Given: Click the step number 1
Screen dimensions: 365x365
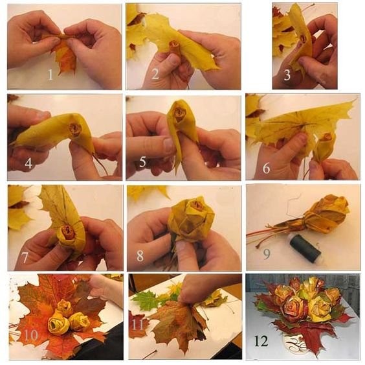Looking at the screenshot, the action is pyautogui.click(x=50, y=75).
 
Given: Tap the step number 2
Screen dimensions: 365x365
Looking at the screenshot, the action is pyautogui.click(x=155, y=74).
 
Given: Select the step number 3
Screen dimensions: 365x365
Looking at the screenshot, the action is pyautogui.click(x=287, y=75).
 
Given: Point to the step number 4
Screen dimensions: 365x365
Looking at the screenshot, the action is pyautogui.click(x=28, y=163).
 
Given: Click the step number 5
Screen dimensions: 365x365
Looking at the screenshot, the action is pyautogui.click(x=142, y=161).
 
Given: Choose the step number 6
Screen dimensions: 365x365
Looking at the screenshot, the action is pyautogui.click(x=266, y=168).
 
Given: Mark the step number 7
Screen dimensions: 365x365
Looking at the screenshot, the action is pyautogui.click(x=25, y=257).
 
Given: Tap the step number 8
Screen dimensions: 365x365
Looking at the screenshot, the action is pyautogui.click(x=140, y=255).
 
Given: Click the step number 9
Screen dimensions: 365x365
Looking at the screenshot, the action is pyautogui.click(x=267, y=254).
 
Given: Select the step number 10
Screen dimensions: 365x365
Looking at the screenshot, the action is pyautogui.click(x=31, y=335).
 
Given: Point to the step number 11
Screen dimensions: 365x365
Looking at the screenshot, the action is pyautogui.click(x=138, y=325).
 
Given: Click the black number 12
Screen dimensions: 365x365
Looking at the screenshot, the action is pyautogui.click(x=261, y=341).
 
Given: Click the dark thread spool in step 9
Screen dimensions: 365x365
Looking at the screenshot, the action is pyautogui.click(x=305, y=250).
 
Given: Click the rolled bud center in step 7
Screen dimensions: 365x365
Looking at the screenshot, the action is pyautogui.click(x=66, y=231).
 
